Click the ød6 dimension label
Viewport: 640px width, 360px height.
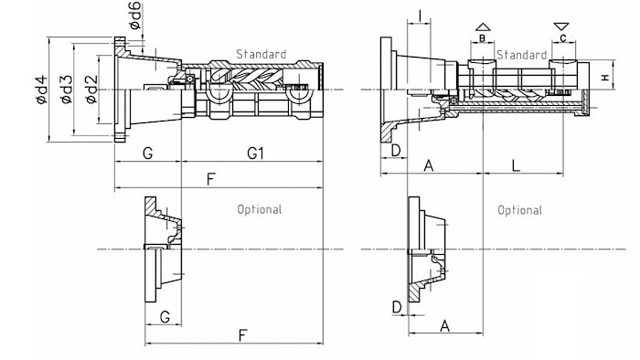(136, 16)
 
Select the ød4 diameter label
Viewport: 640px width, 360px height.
(42, 90)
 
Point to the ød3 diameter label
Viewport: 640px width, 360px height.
(67, 89)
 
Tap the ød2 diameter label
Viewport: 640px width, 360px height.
(91, 89)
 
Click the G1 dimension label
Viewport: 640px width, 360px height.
(255, 154)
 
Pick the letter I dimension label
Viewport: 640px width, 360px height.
(420, 16)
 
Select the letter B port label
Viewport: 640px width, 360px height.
(482, 38)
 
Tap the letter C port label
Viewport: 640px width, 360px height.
(563, 38)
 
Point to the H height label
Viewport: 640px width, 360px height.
(605, 77)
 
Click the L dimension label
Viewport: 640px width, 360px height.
(516, 165)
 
